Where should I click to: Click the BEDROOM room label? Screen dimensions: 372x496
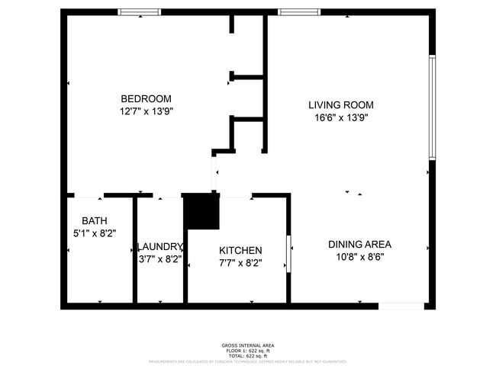tap(146, 98)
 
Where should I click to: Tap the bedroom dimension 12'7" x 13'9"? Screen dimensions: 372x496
tap(146, 112)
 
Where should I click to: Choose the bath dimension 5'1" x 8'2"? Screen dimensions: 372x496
tap(89, 234)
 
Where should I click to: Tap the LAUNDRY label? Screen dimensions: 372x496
tap(160, 247)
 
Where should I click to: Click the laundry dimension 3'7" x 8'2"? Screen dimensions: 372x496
tap(160, 260)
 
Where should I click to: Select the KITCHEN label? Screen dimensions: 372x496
tap(240, 251)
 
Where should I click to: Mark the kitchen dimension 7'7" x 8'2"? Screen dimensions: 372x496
tap(240, 264)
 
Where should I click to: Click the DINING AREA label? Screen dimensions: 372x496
tap(359, 244)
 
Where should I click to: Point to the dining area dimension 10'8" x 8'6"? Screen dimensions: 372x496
tap(359, 257)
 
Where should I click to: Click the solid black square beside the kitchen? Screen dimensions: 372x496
tap(201, 212)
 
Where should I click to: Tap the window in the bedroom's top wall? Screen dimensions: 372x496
tap(140, 12)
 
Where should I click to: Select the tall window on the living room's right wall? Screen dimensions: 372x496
tap(431, 107)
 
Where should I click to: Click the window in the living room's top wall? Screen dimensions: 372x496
tap(298, 12)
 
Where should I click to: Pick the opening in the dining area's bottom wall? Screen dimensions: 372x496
tap(401, 306)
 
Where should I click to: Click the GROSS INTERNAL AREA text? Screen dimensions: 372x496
tap(247, 345)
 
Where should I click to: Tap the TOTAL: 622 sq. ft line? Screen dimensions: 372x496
tap(247, 356)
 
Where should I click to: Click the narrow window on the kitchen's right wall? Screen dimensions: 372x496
tap(288, 254)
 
